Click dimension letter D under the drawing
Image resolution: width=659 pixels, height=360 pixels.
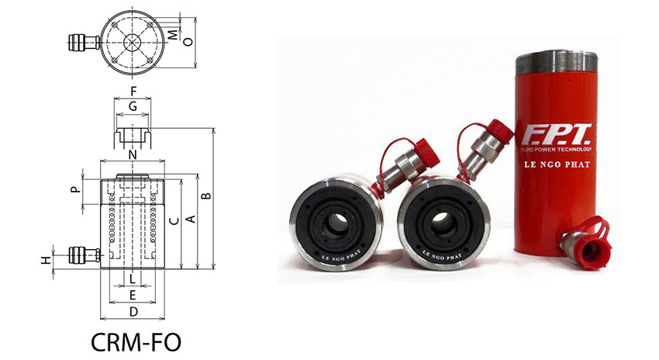click(133, 312)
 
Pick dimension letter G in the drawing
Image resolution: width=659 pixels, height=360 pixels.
click(133, 106)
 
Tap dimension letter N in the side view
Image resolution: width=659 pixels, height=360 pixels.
click(133, 155)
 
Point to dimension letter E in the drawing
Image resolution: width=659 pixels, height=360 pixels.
click(133, 295)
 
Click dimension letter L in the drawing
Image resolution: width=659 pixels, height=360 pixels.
click(133, 278)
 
